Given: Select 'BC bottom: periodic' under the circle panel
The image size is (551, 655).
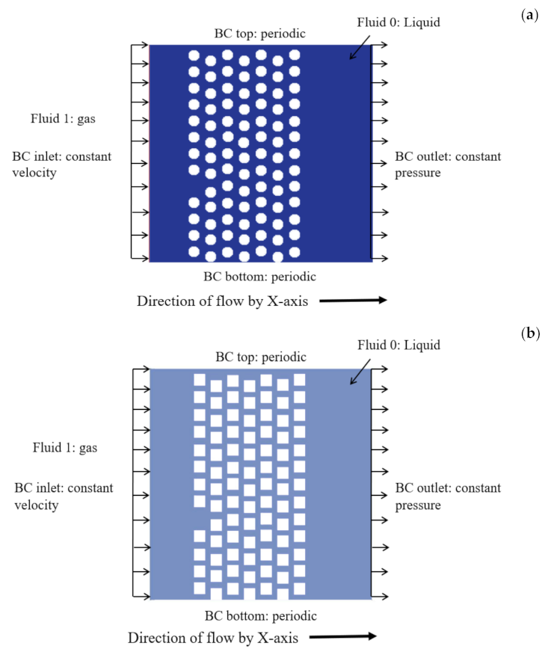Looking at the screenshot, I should tap(259, 277).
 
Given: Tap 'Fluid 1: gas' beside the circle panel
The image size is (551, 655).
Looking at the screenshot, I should tap(64, 118).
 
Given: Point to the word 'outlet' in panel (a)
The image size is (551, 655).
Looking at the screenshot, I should tap(431, 157).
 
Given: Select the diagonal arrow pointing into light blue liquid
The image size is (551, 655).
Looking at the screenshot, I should tap(360, 372).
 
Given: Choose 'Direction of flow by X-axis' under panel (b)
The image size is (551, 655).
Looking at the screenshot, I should tap(213, 638).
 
